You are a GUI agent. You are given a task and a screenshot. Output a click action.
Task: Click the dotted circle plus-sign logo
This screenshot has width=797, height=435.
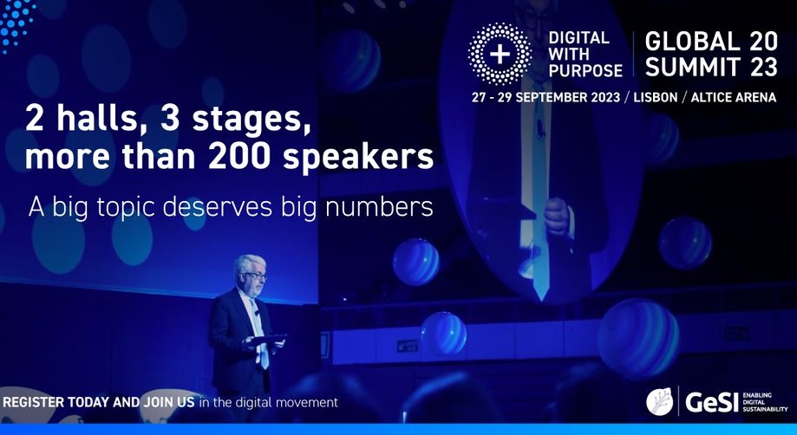point(500,54)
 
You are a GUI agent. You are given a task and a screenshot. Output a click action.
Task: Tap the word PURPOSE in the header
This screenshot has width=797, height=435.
point(585,70)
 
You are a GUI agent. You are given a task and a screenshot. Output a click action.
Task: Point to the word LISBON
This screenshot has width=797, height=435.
point(657,97)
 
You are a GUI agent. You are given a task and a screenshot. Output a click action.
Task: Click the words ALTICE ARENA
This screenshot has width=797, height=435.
point(734,97)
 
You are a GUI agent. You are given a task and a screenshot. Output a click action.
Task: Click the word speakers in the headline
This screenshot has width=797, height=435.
point(358,159)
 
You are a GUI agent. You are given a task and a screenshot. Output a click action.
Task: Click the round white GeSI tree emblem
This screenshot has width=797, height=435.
point(659,401)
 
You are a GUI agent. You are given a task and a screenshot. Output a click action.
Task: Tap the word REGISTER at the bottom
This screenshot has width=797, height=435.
point(34,403)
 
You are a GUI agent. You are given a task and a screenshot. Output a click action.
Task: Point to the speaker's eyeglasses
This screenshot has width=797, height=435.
point(256,276)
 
